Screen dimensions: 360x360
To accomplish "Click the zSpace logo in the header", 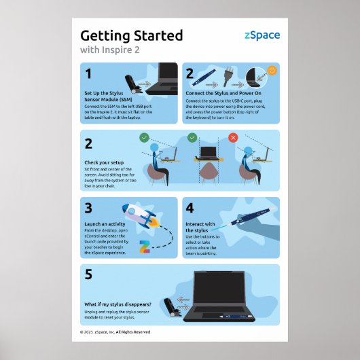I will tap(262, 36).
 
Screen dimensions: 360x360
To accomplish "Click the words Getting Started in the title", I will tap(132, 35).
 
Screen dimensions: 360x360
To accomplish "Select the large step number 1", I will tap(88, 73).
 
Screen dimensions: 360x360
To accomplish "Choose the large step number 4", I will tap(190, 209).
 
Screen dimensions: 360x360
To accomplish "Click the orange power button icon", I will tap(272, 71).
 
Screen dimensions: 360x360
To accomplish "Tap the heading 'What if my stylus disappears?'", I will tap(118, 303).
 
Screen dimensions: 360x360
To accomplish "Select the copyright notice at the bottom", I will tap(115, 332).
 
